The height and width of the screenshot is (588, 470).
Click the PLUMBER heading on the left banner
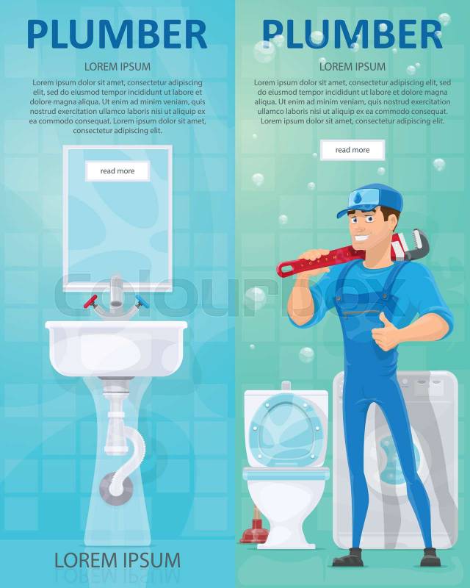pos(117,35)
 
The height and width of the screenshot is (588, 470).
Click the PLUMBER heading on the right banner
pos(352,35)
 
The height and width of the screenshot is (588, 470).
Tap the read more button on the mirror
pos(117,171)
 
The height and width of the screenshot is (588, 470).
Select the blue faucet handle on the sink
pos(142,301)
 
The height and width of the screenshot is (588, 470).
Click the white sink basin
pos(116,348)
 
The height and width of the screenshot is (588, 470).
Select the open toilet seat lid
pos(286,429)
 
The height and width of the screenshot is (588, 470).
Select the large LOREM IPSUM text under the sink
pos(117,561)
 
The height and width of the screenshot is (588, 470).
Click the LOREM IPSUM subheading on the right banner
pos(352,67)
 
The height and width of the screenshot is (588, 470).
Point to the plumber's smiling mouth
pos(362,237)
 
